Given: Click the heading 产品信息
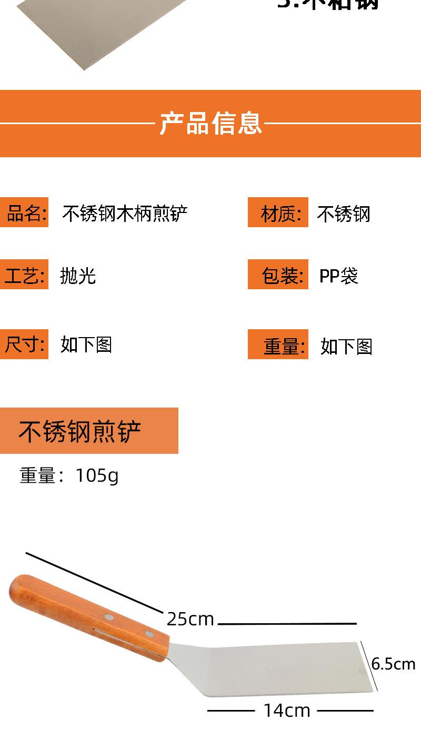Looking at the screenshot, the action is pos(210,124).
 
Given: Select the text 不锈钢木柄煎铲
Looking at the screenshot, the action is pos(125,214).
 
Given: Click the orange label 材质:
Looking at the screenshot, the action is pos(278,214).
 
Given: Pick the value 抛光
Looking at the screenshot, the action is pos(78,276).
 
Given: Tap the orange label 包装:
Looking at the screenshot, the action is pos(278,275).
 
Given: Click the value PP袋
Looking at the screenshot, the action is pos(338,276).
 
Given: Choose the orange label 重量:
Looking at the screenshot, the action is pos(278,345).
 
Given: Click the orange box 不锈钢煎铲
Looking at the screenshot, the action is pos(89,431).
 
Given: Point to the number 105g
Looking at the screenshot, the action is pos(97,475).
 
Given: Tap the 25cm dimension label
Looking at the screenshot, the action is pos(191,619).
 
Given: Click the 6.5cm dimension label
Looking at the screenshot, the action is pos(393,664).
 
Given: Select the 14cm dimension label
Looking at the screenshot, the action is pos(287,711).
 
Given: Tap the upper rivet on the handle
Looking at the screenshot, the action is pos(109,616).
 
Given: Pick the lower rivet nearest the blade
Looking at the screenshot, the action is pos(149,634).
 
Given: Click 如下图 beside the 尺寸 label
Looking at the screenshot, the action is pos(86,344).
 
